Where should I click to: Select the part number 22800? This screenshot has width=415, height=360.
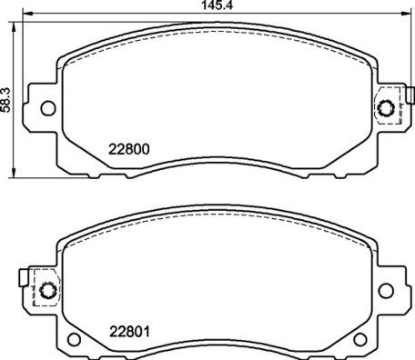pyautogui.click(x=129, y=151)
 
